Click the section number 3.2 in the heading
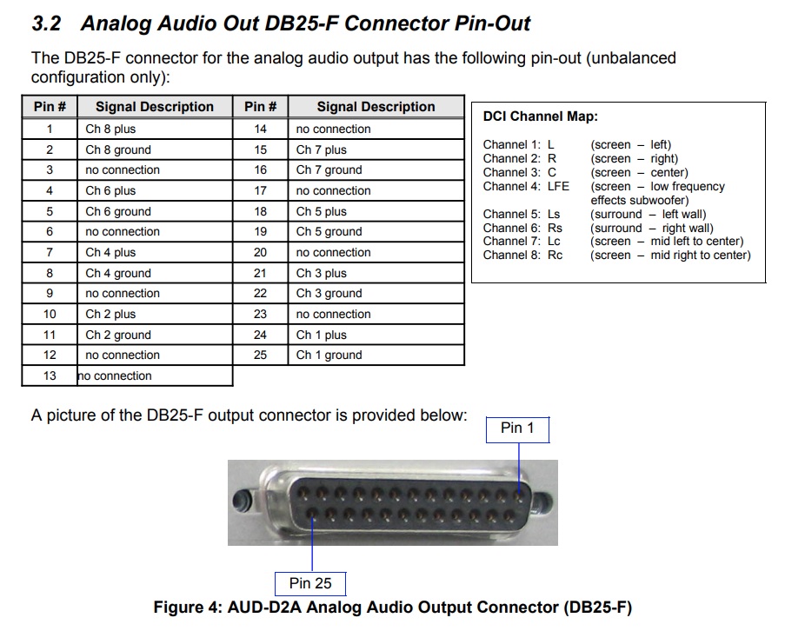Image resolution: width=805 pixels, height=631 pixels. [x=48, y=23]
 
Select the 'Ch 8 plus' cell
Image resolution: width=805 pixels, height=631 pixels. [x=110, y=129]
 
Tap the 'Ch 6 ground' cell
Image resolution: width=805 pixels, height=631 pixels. [x=117, y=211]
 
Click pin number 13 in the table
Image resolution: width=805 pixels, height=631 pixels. [x=50, y=375]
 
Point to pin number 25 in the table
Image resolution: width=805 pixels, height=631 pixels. [x=260, y=355]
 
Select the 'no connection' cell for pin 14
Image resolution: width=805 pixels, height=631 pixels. [x=333, y=129]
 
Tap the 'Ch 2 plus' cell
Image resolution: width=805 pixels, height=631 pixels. [x=110, y=314]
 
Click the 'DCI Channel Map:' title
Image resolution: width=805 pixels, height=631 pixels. [x=540, y=116]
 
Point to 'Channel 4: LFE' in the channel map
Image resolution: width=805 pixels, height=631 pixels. [x=526, y=186]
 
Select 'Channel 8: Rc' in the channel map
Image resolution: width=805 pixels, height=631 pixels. [x=522, y=255]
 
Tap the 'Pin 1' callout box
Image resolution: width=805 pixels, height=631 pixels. [x=517, y=428]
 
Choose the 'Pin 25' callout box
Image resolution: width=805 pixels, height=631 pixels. [x=310, y=583]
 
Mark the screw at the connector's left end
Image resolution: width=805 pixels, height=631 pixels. [x=243, y=502]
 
